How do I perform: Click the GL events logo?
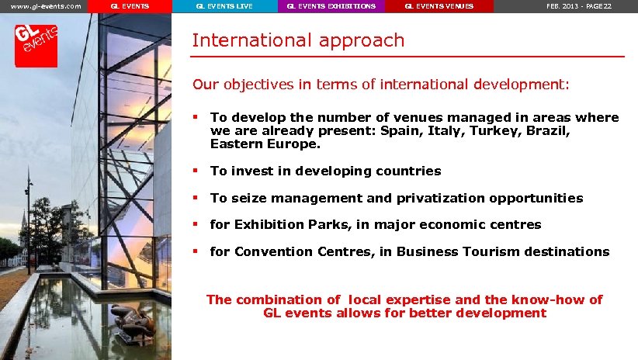[36, 44]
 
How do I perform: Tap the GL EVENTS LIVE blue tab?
[224, 6]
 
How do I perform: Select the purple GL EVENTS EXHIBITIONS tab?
[331, 6]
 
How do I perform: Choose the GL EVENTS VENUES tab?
[439, 6]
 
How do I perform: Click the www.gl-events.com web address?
[46, 6]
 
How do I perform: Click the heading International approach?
[298, 40]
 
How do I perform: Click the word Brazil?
[550, 131]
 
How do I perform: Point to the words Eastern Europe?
[264, 144]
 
